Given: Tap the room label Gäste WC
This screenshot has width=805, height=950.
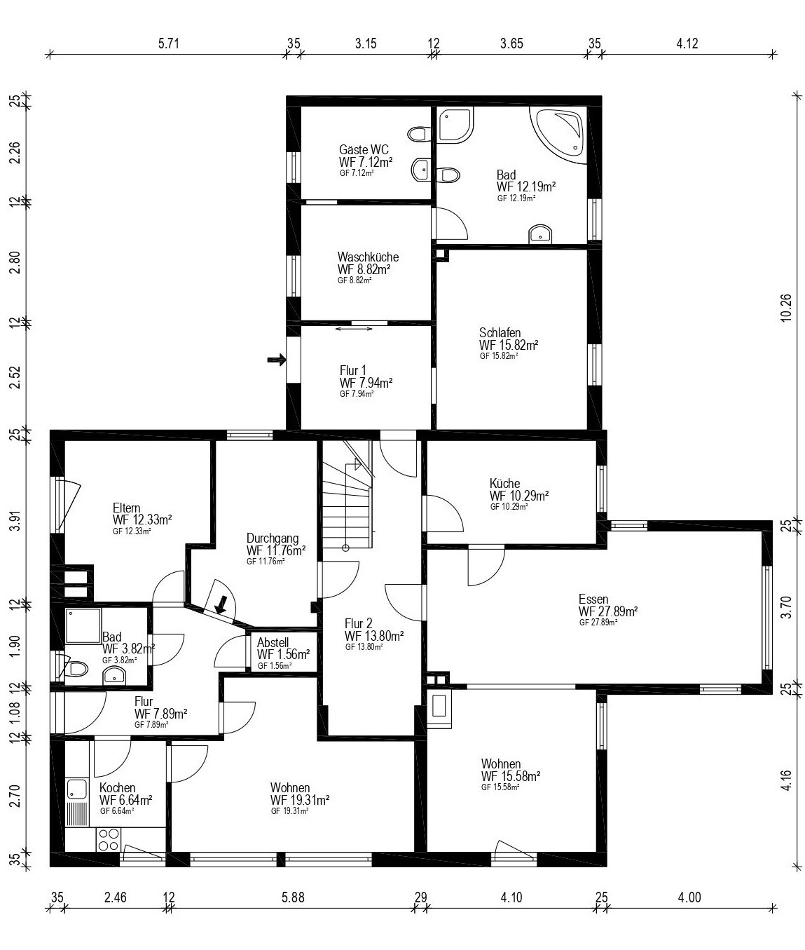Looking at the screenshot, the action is [x=364, y=149].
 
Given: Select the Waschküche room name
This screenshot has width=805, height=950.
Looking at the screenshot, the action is [x=368, y=257].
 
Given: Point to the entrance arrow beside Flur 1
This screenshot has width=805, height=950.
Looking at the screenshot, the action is [x=277, y=360].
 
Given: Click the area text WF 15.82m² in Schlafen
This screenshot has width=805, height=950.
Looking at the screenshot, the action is [x=509, y=344].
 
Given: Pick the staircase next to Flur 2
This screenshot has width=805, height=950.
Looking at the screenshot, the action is [x=348, y=494].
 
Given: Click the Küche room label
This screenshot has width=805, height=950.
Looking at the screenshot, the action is [x=504, y=483].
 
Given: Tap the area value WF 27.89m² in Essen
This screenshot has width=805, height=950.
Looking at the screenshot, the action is [x=608, y=611].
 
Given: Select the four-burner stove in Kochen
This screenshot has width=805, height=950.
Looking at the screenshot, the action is [x=109, y=839].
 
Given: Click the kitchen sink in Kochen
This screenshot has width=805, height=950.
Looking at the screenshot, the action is [x=76, y=789].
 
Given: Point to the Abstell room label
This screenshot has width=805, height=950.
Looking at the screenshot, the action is [x=273, y=642].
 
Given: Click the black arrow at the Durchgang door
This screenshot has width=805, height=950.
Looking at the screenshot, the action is [x=221, y=604].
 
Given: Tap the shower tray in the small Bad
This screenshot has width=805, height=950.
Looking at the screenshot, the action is [x=83, y=626].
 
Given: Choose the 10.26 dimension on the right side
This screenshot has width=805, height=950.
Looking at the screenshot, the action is [x=785, y=308].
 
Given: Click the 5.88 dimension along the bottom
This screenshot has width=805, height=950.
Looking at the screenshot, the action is [x=293, y=897].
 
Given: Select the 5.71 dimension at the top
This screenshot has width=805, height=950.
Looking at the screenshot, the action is [x=169, y=43].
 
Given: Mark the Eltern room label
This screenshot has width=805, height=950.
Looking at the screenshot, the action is [x=126, y=508].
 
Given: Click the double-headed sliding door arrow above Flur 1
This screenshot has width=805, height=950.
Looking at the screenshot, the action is [x=354, y=329].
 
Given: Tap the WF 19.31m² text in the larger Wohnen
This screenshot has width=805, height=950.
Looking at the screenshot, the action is [x=300, y=800].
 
